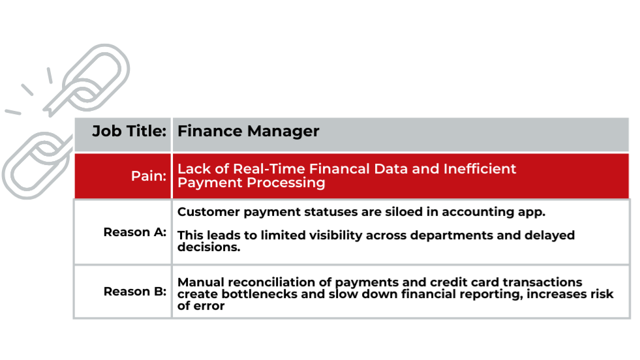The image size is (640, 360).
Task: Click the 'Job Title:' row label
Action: (x=129, y=132)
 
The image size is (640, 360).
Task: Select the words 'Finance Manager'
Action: (x=248, y=132)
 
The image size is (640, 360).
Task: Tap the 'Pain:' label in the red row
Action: (x=149, y=176)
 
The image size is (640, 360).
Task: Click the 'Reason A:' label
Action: (x=134, y=232)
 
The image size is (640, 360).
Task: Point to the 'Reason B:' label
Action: (x=134, y=292)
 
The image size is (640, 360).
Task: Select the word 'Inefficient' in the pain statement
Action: (x=480, y=168)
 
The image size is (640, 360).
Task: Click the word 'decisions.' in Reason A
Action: (x=209, y=247)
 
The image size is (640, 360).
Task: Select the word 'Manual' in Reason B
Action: (x=201, y=282)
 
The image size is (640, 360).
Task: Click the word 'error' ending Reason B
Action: (x=211, y=306)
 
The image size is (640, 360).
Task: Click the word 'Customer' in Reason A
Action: (x=209, y=212)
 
